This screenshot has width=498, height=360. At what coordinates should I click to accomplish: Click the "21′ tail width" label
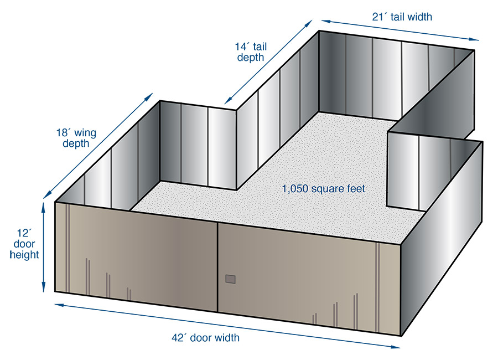pos(402,17)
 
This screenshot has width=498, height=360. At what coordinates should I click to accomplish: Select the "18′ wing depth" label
pos(76,138)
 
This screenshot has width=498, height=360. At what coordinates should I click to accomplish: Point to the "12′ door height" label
pos(24,244)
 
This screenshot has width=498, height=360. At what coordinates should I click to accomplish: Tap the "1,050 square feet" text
pos(324,189)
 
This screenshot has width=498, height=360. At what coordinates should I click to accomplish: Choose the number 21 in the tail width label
pos(378,17)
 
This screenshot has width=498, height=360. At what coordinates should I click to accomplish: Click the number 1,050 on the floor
pos(293,189)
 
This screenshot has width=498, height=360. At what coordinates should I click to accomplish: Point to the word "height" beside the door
pos(24,255)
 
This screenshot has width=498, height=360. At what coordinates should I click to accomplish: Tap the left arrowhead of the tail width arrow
pos(324,20)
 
